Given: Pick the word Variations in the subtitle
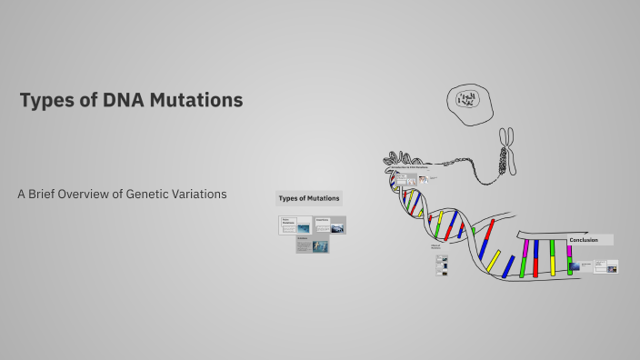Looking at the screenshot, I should (202, 195).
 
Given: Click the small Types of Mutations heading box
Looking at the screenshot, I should (308, 198).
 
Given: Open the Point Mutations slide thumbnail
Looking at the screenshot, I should (295, 225).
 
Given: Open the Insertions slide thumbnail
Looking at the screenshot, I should (330, 225).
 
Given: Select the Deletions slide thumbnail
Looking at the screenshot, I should (313, 245).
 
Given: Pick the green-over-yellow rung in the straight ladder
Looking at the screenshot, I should (552, 258).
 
